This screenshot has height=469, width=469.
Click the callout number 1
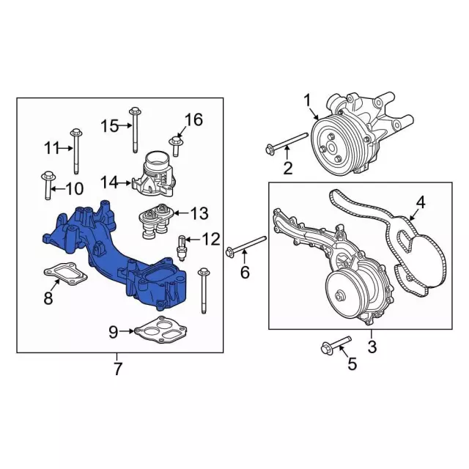click(x=308, y=101)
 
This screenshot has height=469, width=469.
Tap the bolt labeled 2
click(x=287, y=142)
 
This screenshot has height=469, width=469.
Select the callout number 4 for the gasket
click(x=420, y=202)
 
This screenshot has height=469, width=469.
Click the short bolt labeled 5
click(x=336, y=346)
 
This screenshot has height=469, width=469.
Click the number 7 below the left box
click(x=117, y=369)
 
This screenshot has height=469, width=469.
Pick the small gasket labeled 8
click(x=65, y=273)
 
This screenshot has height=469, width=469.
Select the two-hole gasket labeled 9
click(x=161, y=330)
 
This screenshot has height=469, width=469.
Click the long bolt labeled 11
click(x=76, y=151)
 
